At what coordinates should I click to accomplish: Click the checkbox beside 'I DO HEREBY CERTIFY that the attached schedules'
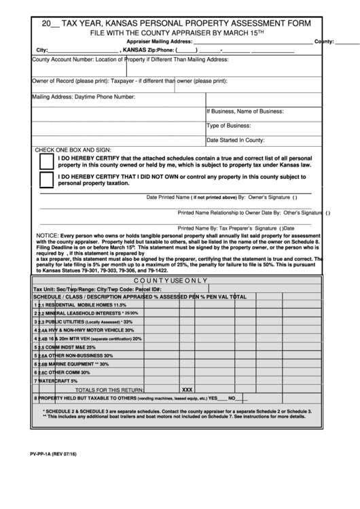point(47,162)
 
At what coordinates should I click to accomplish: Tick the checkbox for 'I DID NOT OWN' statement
point(47,180)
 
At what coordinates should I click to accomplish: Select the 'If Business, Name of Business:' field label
point(245,111)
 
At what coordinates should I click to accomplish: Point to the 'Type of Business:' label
point(229,126)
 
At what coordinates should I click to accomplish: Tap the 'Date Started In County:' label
point(235,140)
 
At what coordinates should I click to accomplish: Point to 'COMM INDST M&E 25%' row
point(75,347)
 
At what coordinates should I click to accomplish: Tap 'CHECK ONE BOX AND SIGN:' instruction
point(73,149)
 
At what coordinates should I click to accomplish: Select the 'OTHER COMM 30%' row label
point(67,372)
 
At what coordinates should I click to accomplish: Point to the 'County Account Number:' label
point(62,60)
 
